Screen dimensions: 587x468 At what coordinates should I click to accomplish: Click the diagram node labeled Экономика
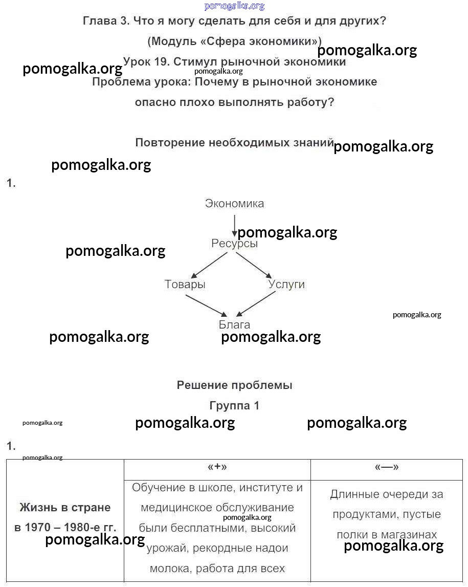click(234, 204)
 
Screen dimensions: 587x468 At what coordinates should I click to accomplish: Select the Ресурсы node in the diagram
click(234, 244)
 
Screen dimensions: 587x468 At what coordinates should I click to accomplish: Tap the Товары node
click(185, 285)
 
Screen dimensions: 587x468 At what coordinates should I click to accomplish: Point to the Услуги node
click(286, 285)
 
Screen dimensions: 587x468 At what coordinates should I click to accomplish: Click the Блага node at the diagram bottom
click(234, 325)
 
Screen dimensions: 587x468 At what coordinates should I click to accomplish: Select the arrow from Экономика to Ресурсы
click(234, 225)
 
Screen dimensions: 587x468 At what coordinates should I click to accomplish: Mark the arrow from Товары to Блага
click(206, 305)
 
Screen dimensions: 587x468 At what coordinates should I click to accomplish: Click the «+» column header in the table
click(217, 467)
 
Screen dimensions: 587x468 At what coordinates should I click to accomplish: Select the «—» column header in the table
click(387, 467)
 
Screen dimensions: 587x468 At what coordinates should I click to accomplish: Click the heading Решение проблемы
click(234, 385)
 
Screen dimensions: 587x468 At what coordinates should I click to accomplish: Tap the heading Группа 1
click(234, 406)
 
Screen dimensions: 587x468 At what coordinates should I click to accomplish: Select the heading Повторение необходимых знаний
click(234, 143)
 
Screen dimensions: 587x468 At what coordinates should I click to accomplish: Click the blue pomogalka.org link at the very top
click(234, 6)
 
